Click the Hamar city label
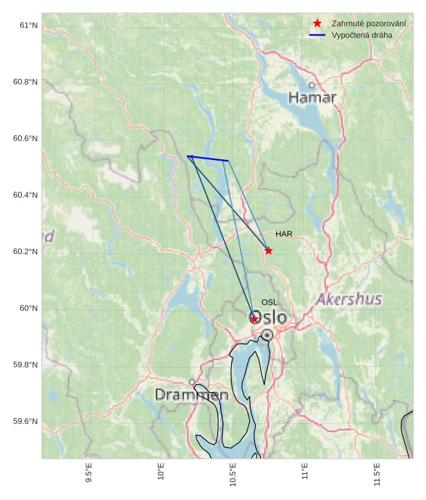312,97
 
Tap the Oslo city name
268,318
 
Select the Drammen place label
191,394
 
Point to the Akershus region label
349,299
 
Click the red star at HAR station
269,250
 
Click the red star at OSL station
254,318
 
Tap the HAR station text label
283,234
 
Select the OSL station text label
270,302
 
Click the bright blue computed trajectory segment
208,158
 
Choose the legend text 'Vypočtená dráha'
362,35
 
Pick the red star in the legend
317,24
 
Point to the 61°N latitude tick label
28,25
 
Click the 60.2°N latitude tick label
25,252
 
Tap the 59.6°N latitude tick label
25,422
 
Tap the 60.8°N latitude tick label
25,82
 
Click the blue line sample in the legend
317,35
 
